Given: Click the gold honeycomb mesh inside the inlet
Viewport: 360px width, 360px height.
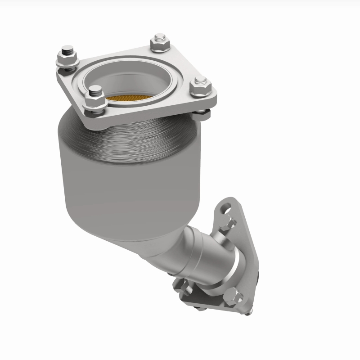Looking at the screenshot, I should [127, 98].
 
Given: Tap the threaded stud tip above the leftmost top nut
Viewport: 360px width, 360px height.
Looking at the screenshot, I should [67, 48].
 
